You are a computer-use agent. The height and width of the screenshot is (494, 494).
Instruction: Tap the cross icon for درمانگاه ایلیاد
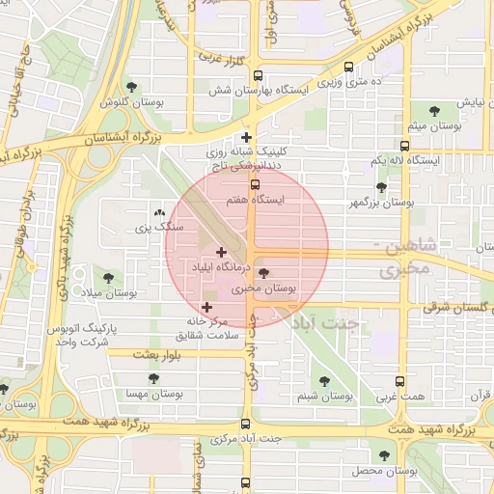(222, 251)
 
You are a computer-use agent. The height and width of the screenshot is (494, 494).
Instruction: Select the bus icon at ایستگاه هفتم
(255, 183)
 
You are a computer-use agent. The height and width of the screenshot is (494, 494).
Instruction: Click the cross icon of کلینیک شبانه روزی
(247, 137)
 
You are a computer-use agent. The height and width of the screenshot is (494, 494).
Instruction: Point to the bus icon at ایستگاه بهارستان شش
(258, 75)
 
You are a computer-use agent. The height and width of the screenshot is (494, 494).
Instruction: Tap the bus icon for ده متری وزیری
(348, 67)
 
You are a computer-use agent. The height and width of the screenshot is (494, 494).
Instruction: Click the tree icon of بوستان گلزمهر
(381, 187)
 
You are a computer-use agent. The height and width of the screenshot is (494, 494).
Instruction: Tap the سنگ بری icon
(158, 211)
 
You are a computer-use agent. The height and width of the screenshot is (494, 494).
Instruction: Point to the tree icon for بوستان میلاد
(107, 278)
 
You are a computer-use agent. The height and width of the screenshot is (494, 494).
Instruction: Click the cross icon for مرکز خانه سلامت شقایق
(206, 307)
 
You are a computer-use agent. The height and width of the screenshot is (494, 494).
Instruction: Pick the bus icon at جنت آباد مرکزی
(246, 423)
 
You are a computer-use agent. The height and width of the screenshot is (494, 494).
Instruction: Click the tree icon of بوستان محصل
(384, 455)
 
